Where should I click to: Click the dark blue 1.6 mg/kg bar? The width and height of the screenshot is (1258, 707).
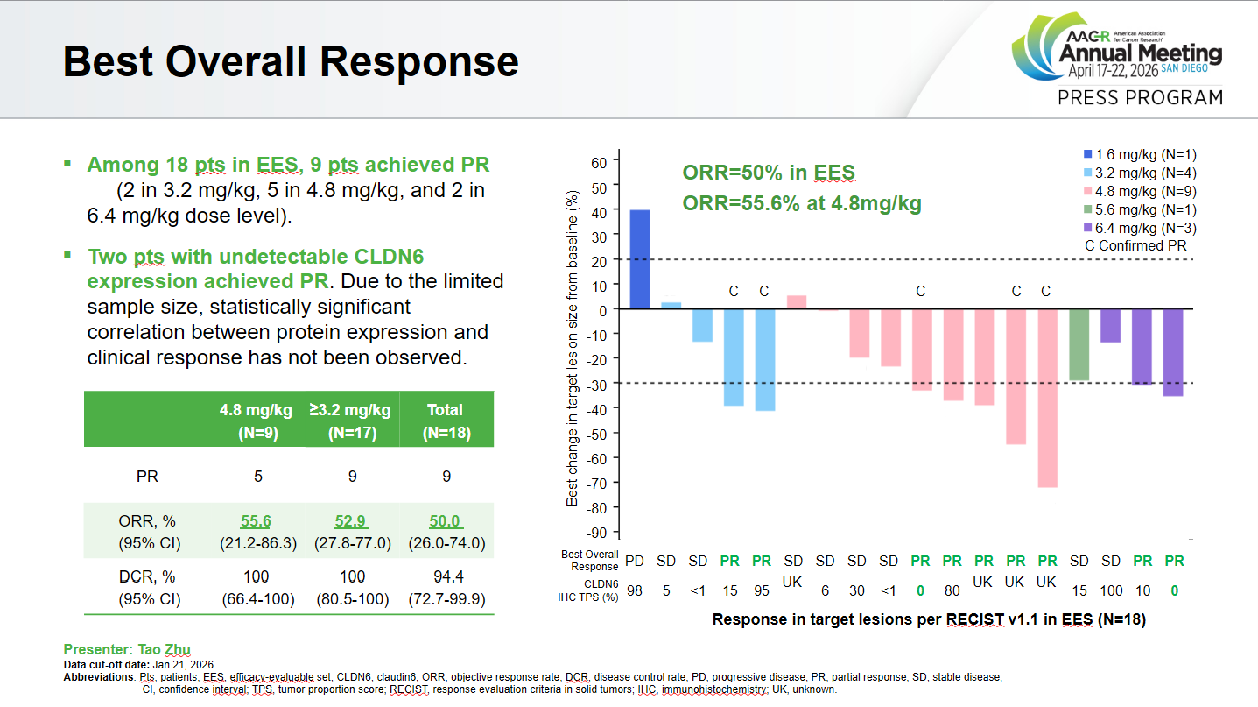click(x=640, y=259)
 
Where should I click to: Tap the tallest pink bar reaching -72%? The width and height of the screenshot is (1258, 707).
click(x=1046, y=398)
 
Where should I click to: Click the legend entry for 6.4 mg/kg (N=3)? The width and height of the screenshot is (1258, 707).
click(x=1134, y=228)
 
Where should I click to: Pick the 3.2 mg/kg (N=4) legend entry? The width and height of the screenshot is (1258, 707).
click(x=1134, y=173)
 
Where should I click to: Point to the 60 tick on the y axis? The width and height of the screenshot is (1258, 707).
click(x=598, y=162)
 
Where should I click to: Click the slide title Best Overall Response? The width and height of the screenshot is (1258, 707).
click(x=291, y=62)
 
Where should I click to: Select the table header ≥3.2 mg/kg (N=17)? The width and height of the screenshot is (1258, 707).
click(x=349, y=420)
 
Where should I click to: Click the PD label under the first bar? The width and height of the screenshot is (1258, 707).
click(x=635, y=559)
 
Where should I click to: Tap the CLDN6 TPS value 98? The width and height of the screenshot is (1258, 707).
click(x=635, y=591)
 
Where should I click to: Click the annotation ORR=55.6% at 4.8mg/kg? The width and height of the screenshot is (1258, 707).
click(x=801, y=203)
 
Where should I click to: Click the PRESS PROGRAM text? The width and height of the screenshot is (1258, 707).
click(x=1140, y=97)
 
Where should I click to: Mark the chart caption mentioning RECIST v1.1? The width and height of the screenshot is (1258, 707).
click(x=928, y=619)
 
